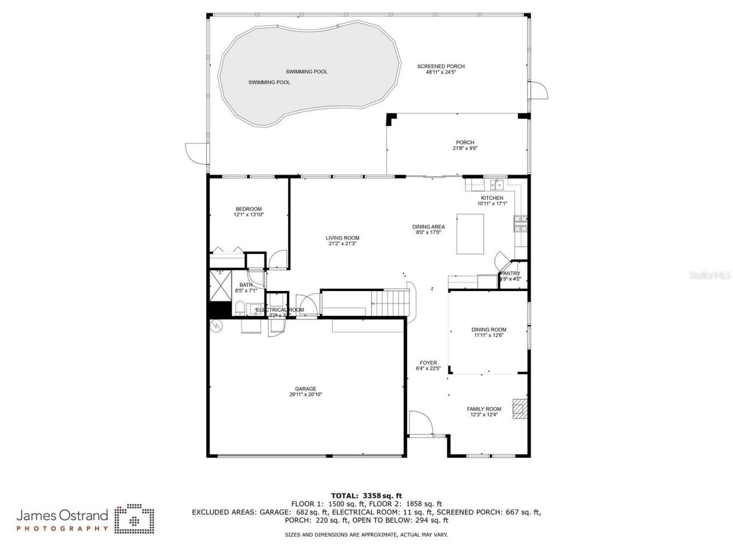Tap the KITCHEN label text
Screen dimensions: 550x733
point(492,198)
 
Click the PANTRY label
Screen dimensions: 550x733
point(510,274)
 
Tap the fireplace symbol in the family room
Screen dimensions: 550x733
point(519,408)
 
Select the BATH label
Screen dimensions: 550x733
point(246,285)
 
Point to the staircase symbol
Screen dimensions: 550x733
point(391,302)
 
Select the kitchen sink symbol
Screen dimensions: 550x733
point(496,184)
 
